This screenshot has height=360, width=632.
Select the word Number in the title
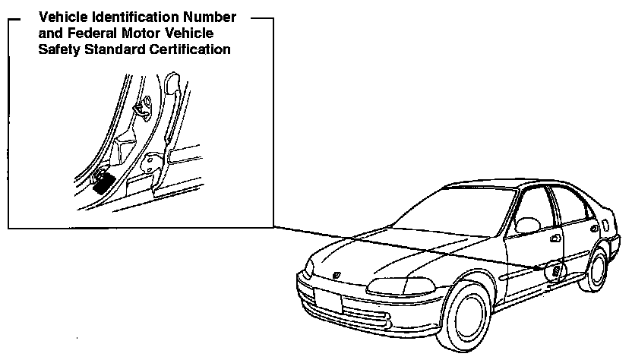(210, 17)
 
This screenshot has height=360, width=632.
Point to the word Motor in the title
(128, 33)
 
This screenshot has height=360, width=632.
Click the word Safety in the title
(57, 50)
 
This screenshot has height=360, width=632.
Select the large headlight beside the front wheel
(398, 285)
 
